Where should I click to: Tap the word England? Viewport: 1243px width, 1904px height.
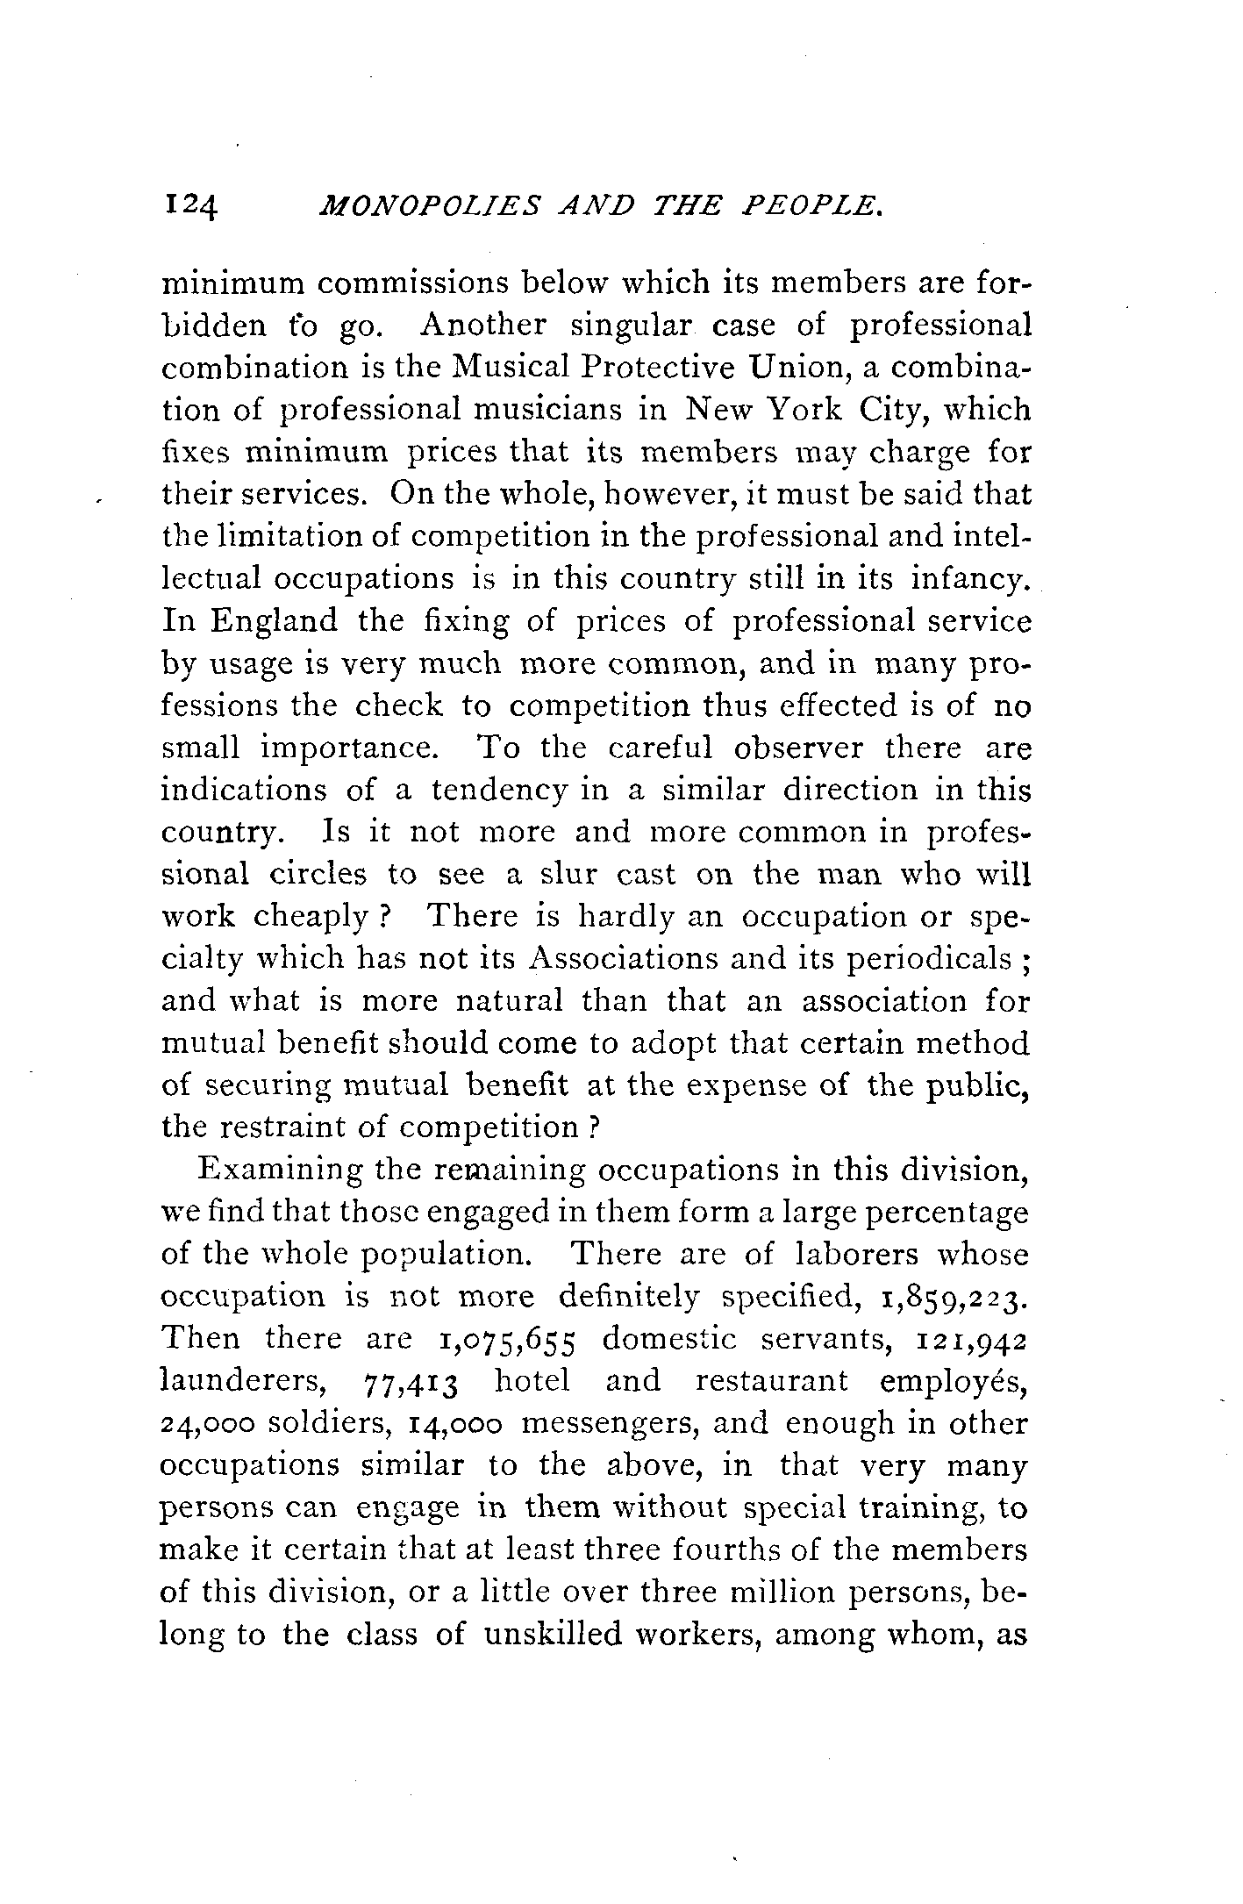274,621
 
